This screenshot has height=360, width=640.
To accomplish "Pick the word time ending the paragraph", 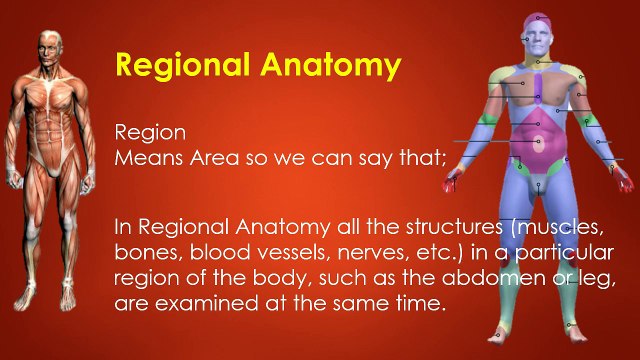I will pyautogui.click(x=414, y=301).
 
